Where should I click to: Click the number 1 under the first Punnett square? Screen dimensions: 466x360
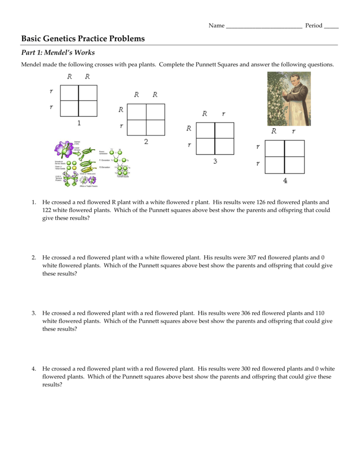click(79, 123)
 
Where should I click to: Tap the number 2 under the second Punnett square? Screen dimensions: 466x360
click(146, 142)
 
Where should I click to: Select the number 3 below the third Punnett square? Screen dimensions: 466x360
click(215, 161)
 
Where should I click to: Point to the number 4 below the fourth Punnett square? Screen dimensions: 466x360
click(285, 181)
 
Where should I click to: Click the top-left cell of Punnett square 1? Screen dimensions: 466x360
click(70, 93)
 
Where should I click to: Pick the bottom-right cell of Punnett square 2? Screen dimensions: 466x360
click(156, 127)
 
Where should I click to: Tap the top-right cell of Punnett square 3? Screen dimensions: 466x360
click(224, 130)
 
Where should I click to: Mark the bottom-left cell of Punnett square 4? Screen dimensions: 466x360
click(275, 164)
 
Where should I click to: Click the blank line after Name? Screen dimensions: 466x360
click(264, 26)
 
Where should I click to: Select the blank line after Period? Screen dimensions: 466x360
click(331, 26)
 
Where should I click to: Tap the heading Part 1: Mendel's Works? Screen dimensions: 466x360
click(58, 53)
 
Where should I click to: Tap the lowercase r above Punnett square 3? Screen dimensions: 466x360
click(223, 114)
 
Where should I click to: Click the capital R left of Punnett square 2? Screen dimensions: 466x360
click(121, 110)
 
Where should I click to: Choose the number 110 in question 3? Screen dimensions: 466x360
click(319, 313)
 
